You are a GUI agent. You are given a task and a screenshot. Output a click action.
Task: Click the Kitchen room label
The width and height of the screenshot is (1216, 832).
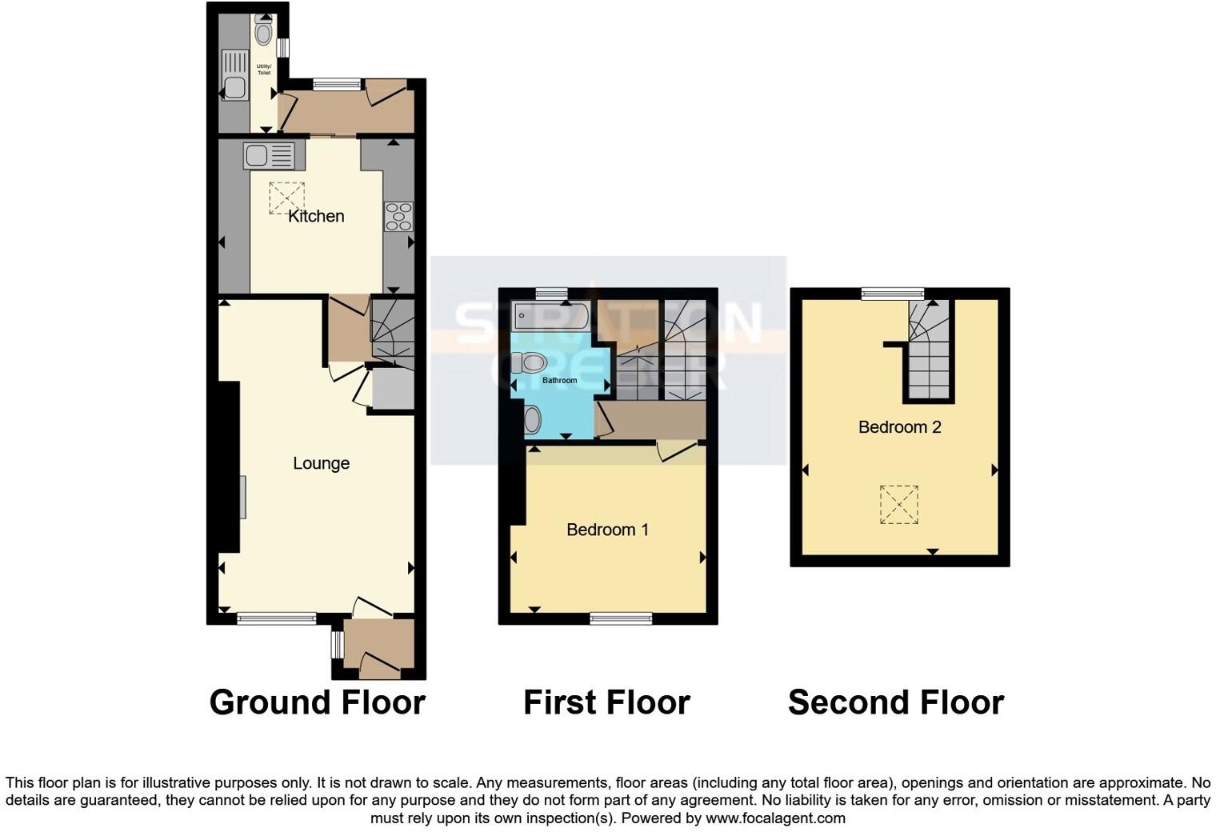[x=316, y=216]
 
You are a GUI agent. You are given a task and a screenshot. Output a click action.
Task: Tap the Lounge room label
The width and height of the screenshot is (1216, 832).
[x=321, y=463]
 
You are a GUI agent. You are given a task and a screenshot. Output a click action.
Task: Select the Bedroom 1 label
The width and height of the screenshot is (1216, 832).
[x=607, y=530]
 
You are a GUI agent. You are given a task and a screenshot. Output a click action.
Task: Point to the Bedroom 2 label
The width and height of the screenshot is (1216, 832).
[x=899, y=427]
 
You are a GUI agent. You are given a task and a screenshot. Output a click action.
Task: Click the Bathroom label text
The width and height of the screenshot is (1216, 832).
[x=559, y=380]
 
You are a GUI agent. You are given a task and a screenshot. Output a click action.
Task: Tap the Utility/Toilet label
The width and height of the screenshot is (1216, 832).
[x=263, y=70]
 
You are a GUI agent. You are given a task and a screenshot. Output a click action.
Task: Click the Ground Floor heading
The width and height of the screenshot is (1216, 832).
[x=317, y=702]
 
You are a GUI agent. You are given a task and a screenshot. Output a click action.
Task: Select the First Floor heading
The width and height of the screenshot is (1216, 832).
[x=606, y=702]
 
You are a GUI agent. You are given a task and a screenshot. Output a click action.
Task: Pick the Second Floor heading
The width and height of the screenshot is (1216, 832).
[x=895, y=702]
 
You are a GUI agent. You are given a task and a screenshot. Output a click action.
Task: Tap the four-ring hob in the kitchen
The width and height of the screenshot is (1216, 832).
[x=398, y=216]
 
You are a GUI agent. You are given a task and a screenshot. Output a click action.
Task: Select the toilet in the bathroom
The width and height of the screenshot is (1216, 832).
[x=529, y=362]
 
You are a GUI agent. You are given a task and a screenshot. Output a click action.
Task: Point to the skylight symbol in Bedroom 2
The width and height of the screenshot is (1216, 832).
[x=899, y=505]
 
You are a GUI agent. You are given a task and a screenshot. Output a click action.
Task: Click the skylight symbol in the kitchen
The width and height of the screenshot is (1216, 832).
[x=286, y=198]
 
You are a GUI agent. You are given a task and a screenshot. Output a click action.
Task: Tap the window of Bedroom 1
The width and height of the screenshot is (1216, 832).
[x=621, y=618]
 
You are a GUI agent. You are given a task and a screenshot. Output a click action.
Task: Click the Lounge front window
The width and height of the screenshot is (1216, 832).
[x=277, y=618]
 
